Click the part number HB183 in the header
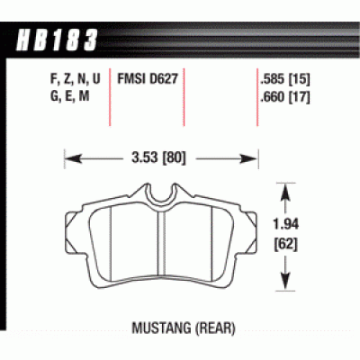(56, 40)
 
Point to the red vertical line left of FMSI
(111, 99)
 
